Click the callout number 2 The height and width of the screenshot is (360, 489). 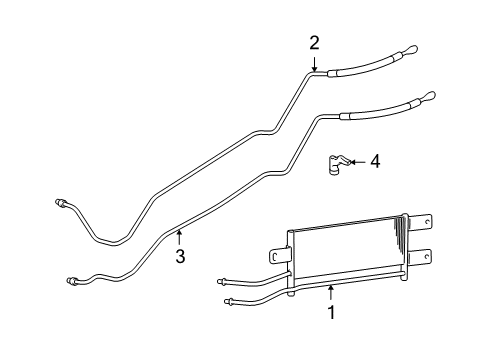[314, 42]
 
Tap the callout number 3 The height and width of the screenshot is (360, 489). [180, 257]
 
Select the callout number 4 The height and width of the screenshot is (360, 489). [374, 160]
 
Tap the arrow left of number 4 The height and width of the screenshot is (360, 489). [358, 160]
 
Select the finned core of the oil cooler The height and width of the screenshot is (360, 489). [345, 255]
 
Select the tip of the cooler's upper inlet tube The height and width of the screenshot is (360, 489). [221, 279]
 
